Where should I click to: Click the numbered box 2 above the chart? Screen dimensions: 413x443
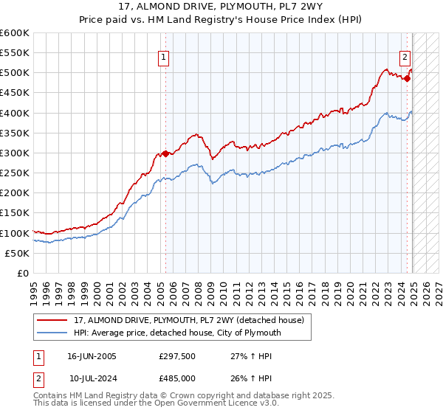click(x=405, y=57)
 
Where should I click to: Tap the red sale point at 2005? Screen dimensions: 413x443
click(x=165, y=153)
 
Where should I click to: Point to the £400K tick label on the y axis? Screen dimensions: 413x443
click(x=15, y=113)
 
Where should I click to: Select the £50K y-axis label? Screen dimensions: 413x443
click(x=17, y=253)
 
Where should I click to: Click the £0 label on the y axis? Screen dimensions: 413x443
click(x=22, y=273)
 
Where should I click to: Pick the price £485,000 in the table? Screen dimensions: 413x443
click(x=176, y=378)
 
